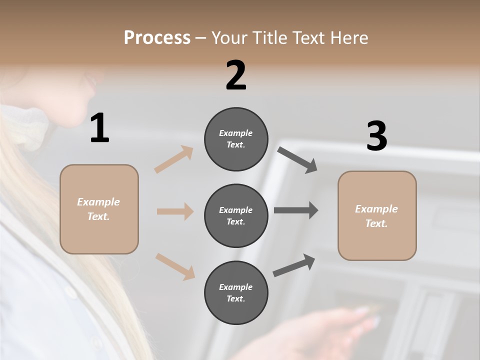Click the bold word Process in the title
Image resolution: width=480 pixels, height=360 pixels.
[157, 38]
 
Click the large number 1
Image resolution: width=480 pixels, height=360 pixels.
[99, 128]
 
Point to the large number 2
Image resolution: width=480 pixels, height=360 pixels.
[236, 75]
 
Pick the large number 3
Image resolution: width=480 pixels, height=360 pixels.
[376, 136]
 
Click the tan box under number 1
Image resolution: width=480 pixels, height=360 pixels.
[99, 209]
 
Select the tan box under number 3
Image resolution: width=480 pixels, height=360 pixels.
[377, 215]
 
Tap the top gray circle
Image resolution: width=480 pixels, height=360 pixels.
[236, 139]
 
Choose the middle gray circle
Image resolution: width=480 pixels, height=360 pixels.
[236, 215]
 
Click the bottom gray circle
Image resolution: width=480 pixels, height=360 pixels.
[236, 292]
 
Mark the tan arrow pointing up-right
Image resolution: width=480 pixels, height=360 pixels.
[174, 159]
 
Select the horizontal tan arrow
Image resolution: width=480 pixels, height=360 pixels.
[175, 211]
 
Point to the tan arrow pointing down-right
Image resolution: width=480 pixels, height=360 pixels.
[175, 266]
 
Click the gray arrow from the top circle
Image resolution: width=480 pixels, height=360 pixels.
[297, 159]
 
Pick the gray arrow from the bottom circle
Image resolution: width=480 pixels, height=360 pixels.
[294, 265]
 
